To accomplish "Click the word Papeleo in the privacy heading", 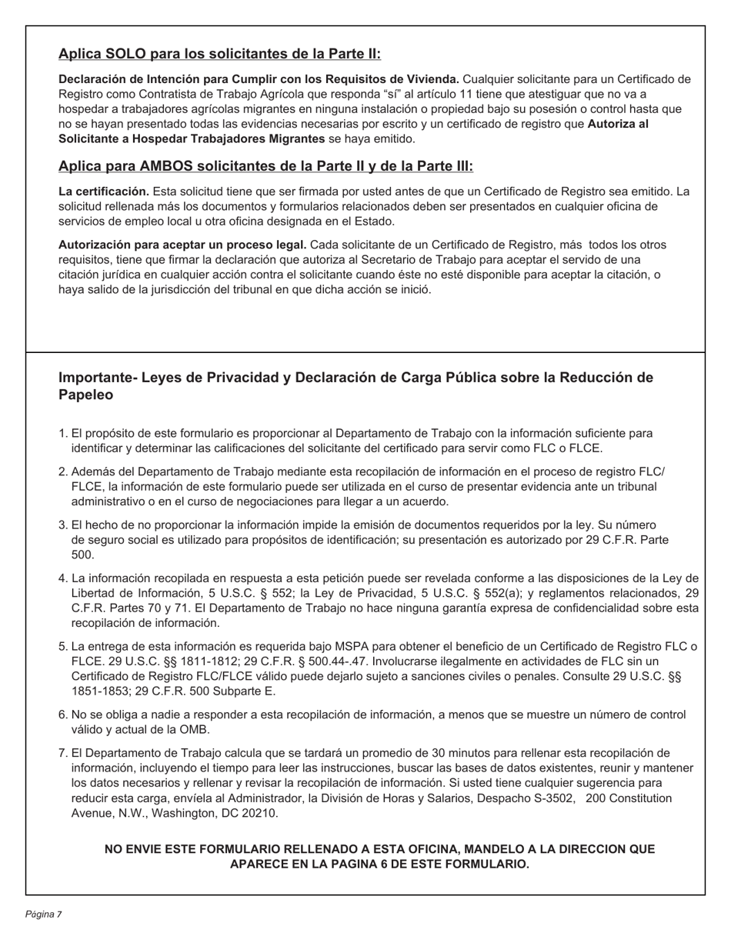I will click(x=86, y=395).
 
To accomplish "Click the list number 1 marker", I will click(x=63, y=434).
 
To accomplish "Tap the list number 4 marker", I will click(x=63, y=578).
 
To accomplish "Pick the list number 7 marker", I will click(x=63, y=753).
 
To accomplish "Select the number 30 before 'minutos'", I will click(x=439, y=753).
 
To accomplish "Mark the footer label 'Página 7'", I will click(x=43, y=914).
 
